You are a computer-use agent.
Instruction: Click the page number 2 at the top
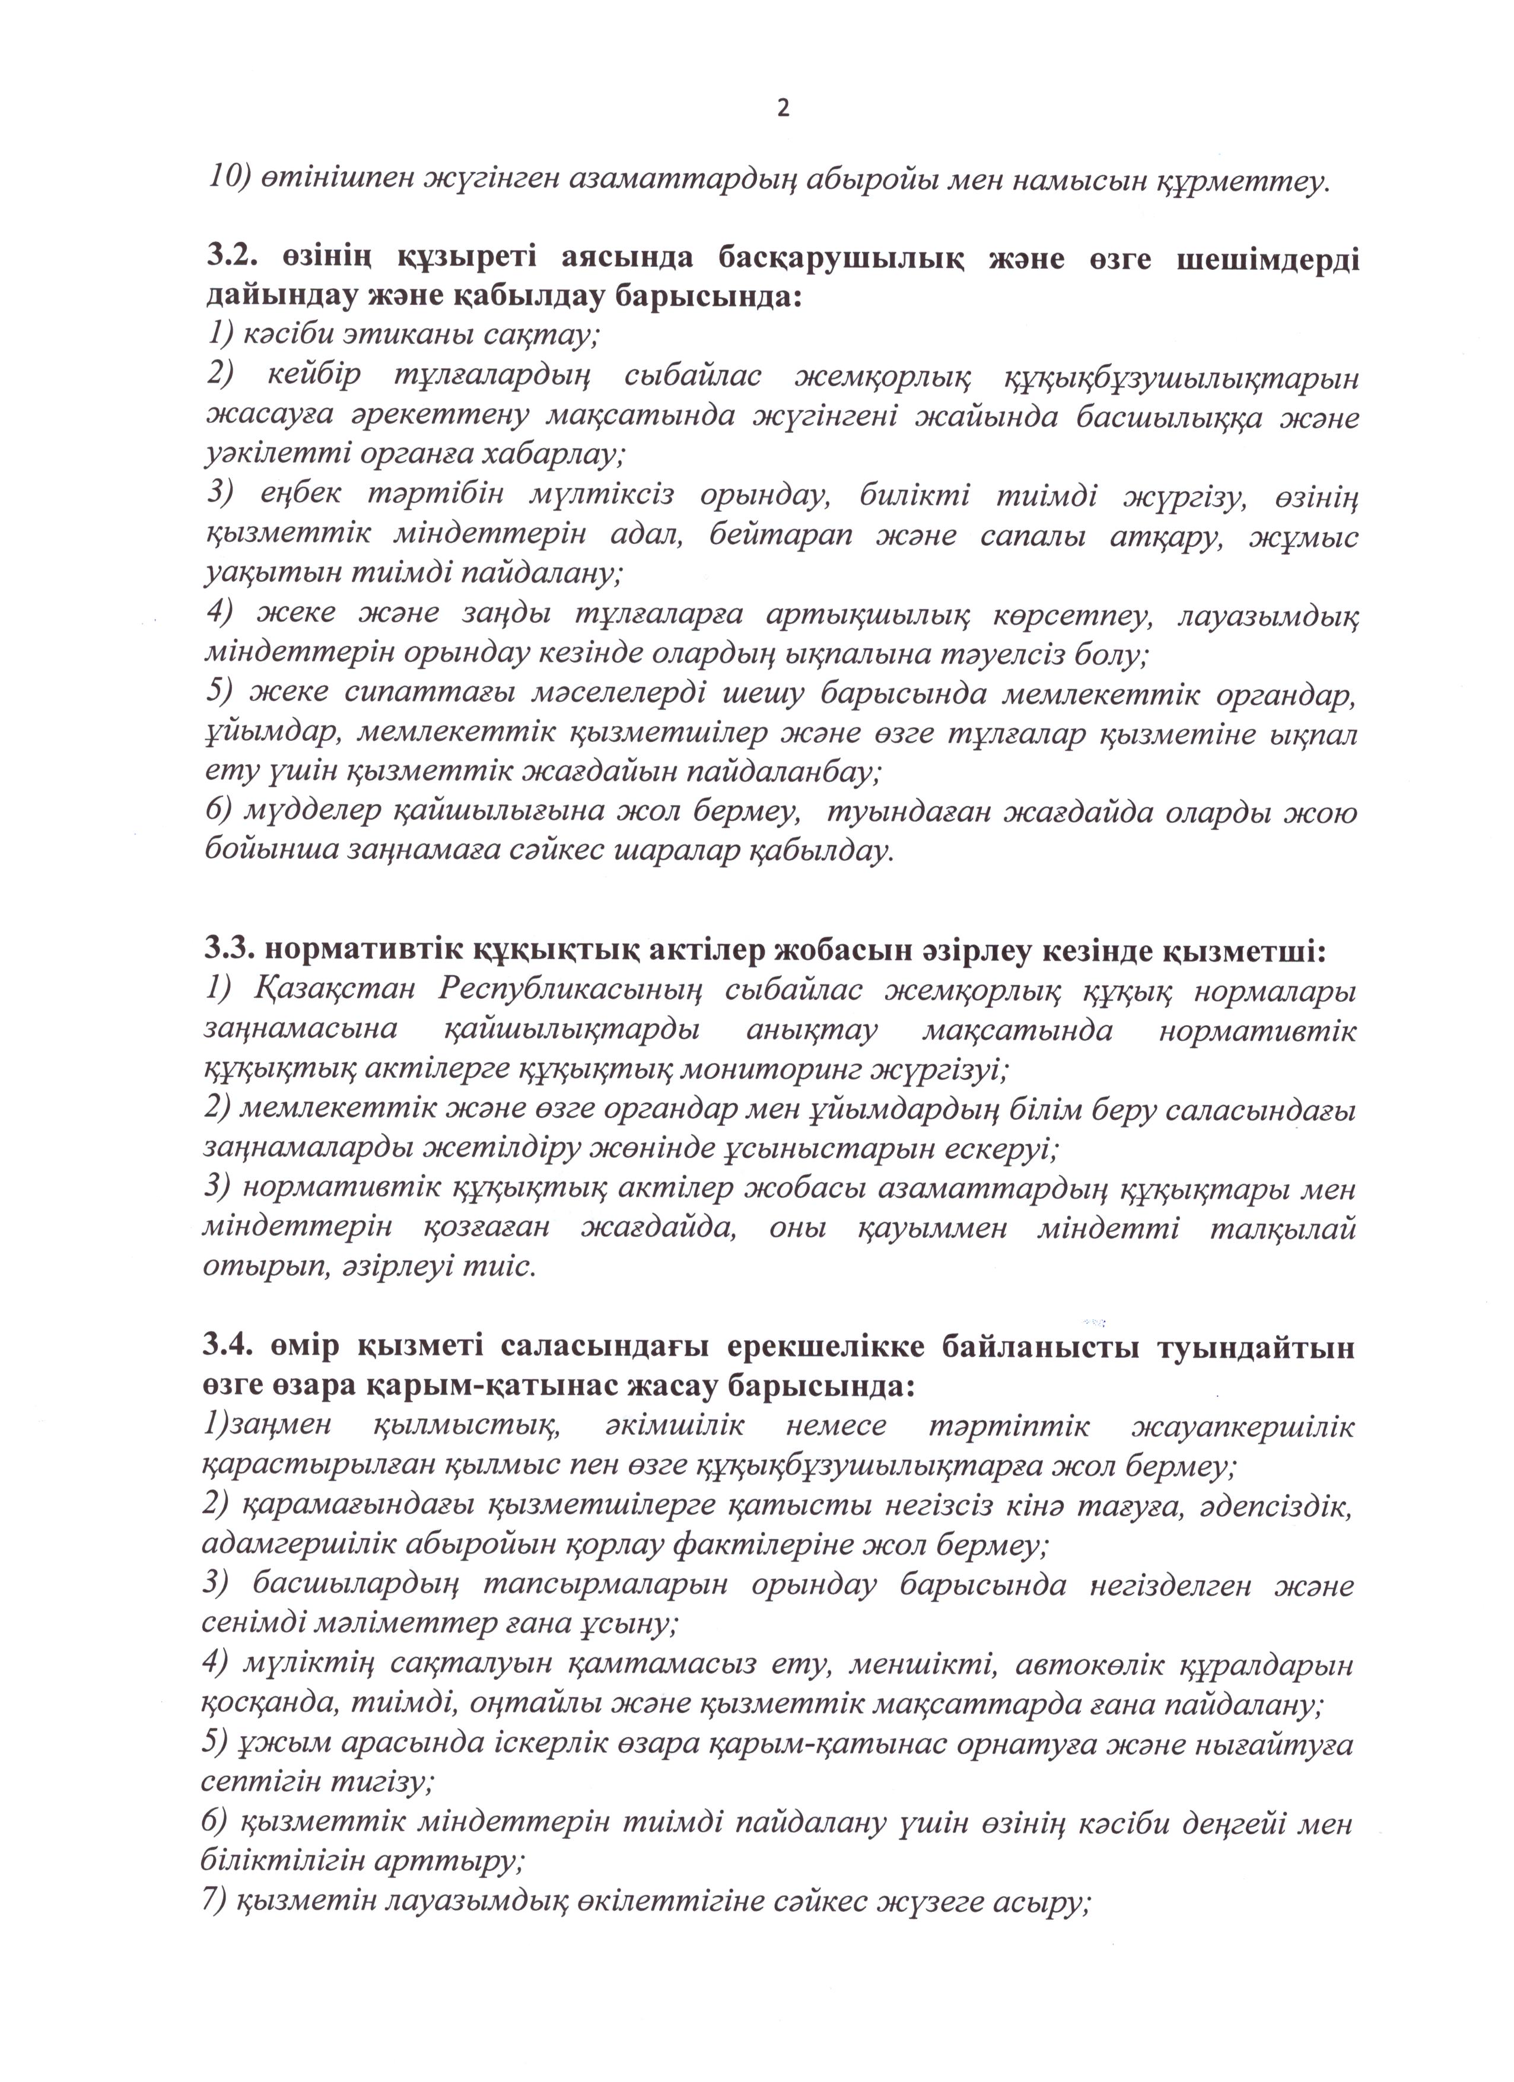[783, 109]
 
